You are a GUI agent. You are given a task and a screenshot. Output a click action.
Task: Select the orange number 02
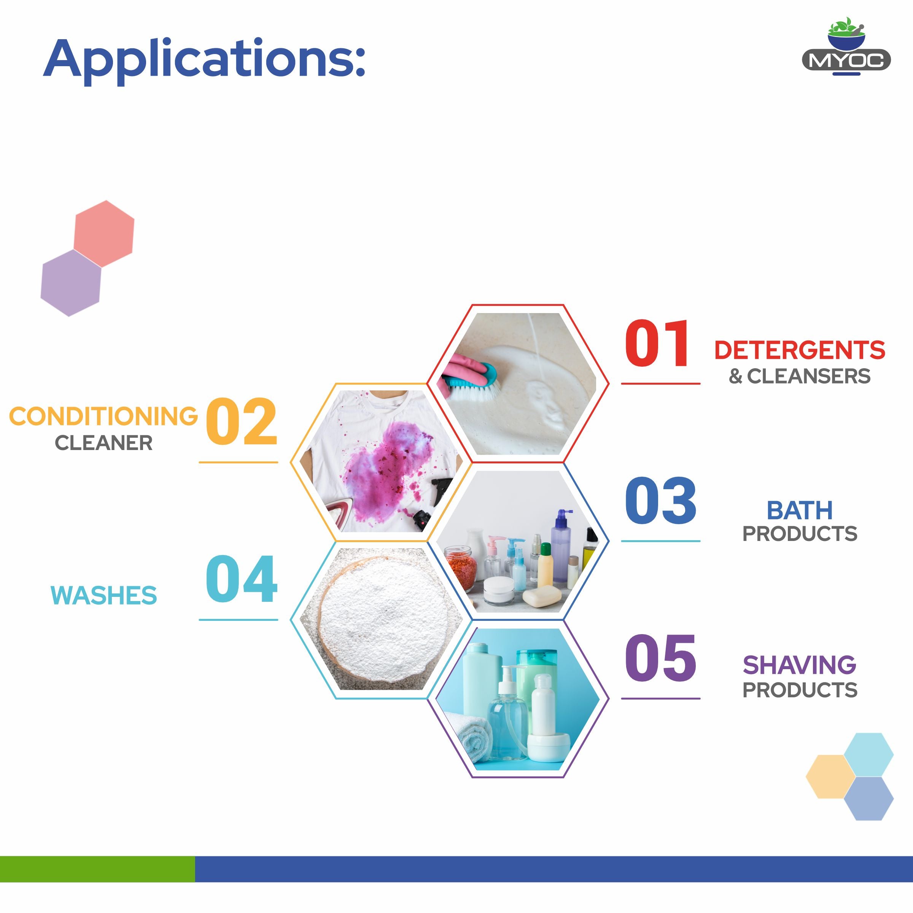pos(242,422)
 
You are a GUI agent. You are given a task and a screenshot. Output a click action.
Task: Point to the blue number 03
pos(660,501)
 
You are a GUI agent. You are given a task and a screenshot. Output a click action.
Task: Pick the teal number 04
pos(242,579)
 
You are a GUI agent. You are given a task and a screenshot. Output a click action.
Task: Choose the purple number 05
pos(660,658)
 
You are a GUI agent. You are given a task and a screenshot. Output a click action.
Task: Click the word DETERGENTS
pos(800,350)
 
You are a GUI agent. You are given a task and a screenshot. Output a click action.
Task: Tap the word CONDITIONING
pos(103,416)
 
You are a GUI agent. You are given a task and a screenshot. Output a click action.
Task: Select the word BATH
pos(800,511)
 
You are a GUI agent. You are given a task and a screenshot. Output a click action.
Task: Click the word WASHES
pos(103,595)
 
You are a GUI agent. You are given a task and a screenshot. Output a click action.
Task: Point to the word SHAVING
pos(800,665)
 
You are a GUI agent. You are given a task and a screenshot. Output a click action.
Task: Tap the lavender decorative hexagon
pos(71,283)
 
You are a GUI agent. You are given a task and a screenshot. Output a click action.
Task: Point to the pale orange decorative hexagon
pos(830,777)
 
